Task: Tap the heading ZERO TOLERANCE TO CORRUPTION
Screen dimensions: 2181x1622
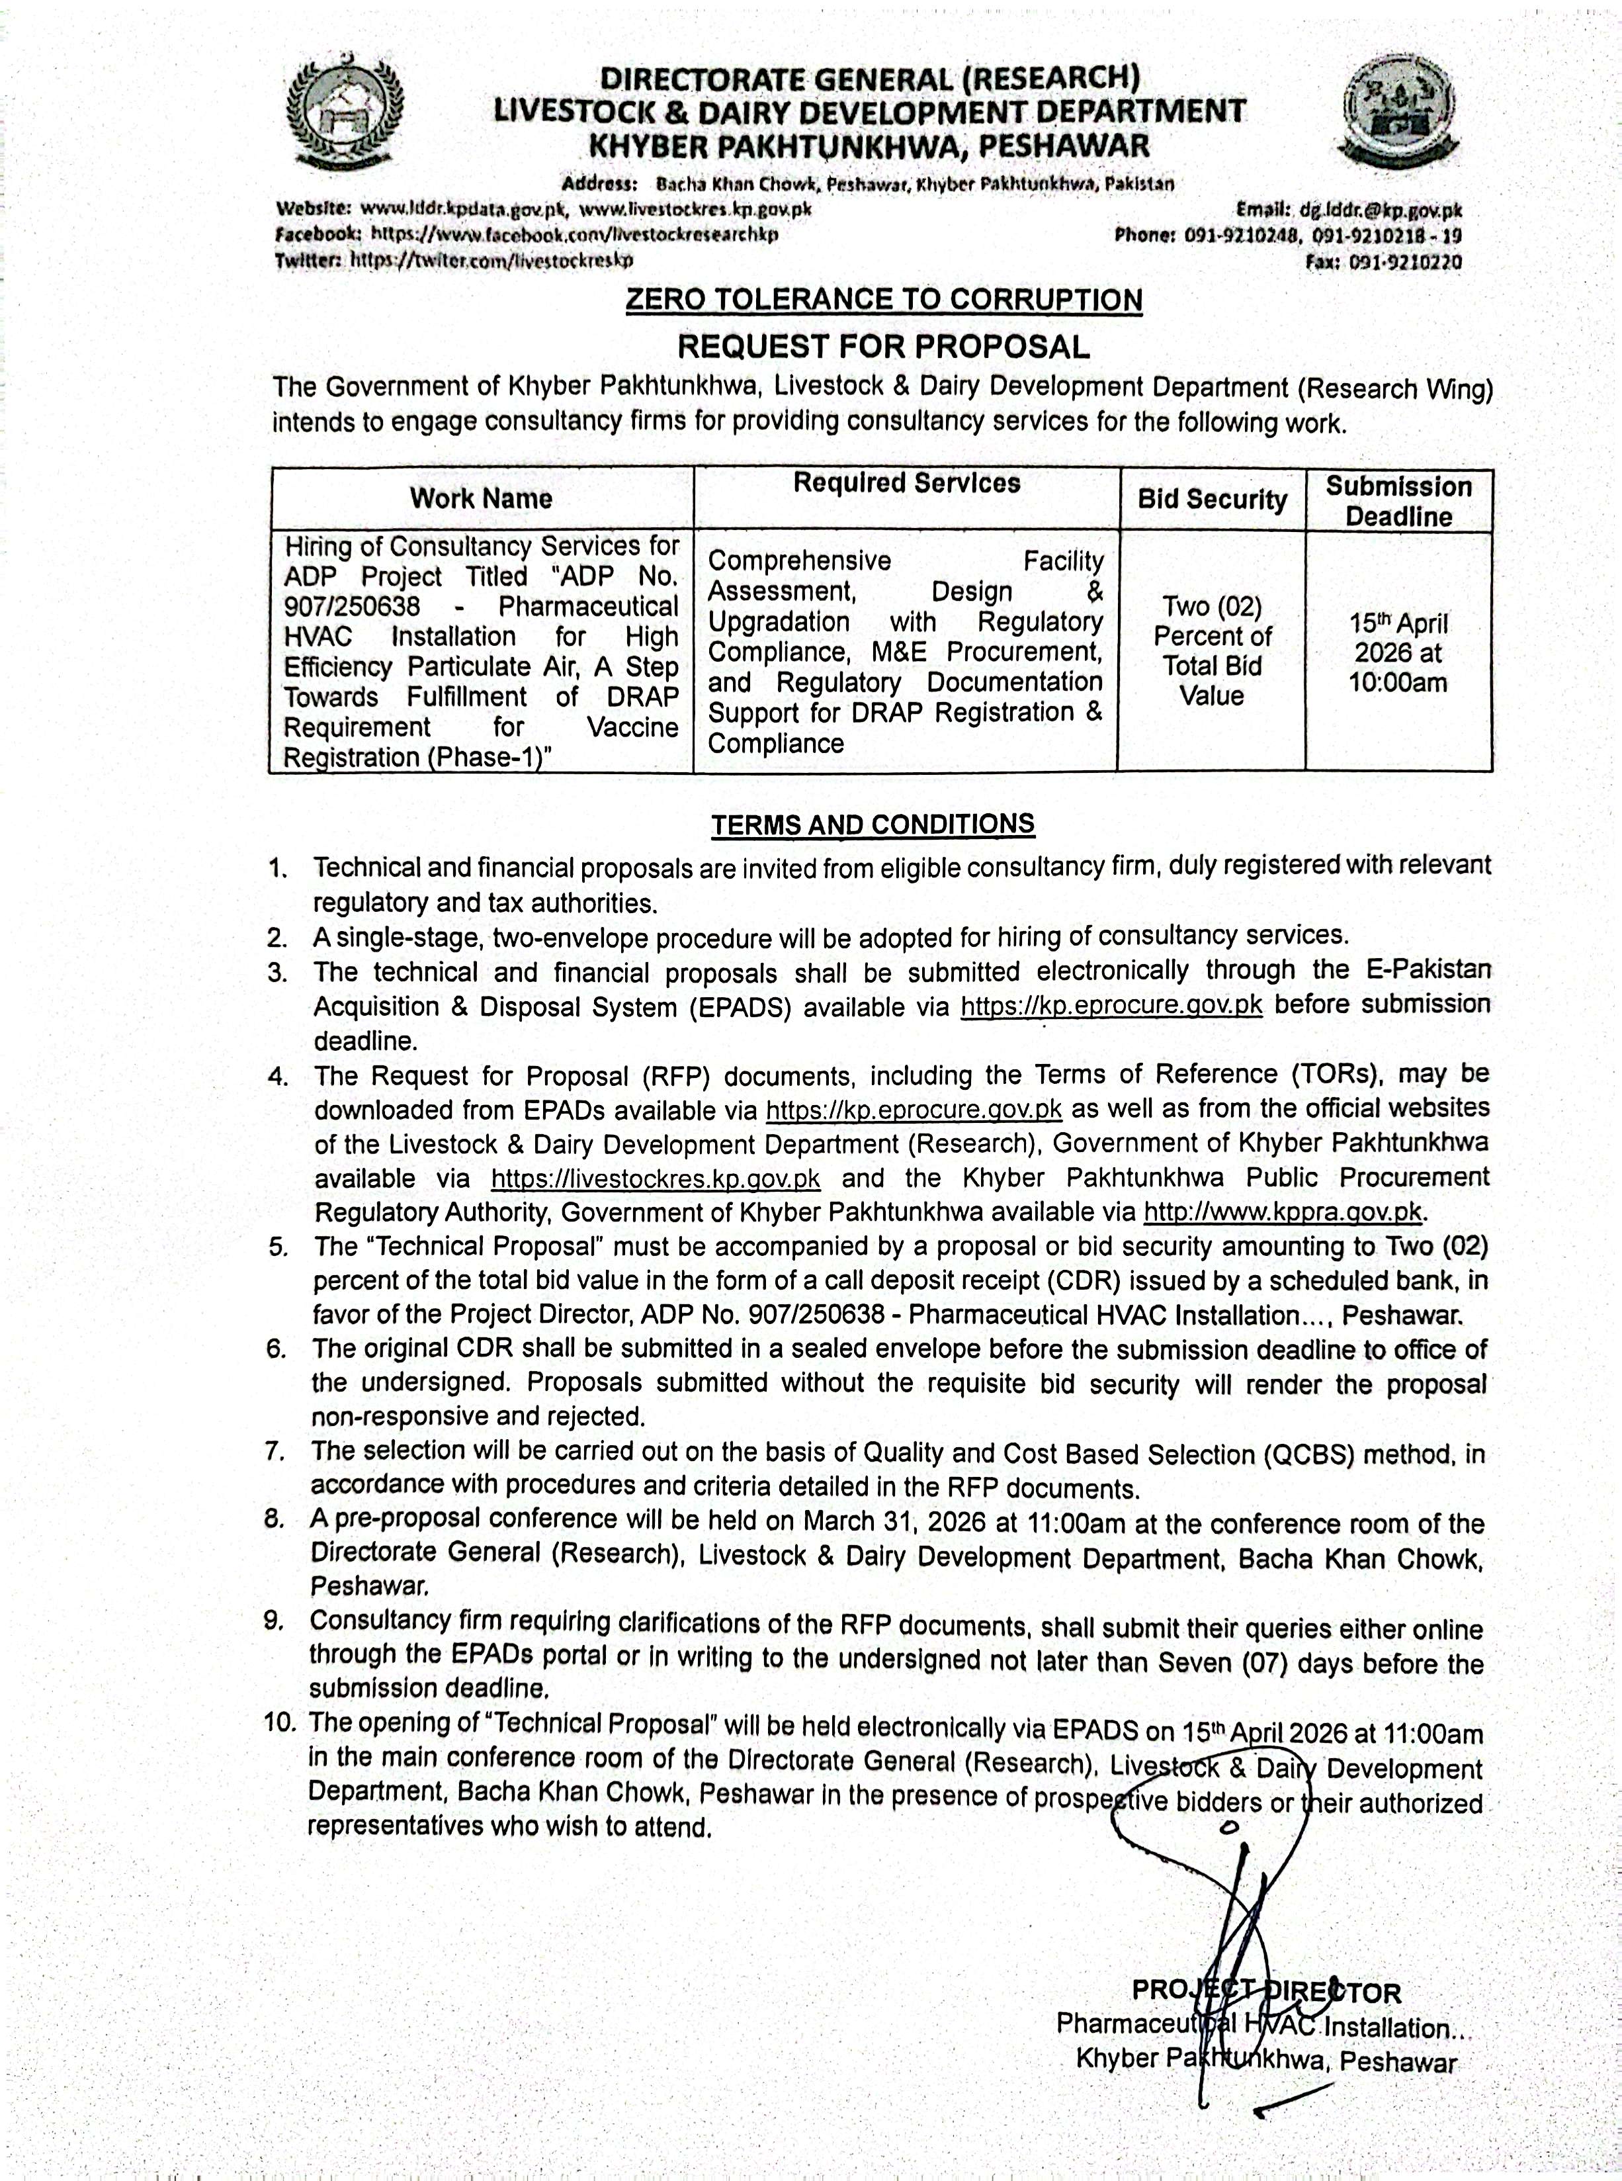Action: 884,300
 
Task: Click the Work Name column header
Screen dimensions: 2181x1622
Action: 481,499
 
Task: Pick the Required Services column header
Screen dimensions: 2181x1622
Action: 906,483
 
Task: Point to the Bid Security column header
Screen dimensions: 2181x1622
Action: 1212,500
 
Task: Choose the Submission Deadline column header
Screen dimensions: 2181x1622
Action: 1398,501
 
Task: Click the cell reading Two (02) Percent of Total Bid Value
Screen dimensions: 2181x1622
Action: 1212,651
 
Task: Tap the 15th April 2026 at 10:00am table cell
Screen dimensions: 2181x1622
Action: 1398,653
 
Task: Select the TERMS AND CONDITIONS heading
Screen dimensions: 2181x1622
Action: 873,824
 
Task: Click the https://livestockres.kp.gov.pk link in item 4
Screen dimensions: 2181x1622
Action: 655,1177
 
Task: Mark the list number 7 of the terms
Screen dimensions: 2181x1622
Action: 276,1451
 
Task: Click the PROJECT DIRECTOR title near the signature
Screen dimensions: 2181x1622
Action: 1267,1992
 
